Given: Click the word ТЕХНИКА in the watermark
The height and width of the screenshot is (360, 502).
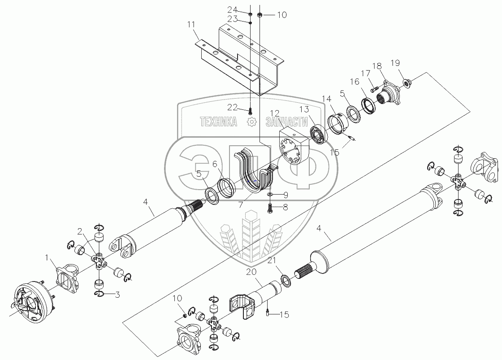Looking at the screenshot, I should tap(218, 121).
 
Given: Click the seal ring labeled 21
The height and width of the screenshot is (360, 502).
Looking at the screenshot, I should tap(284, 282).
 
